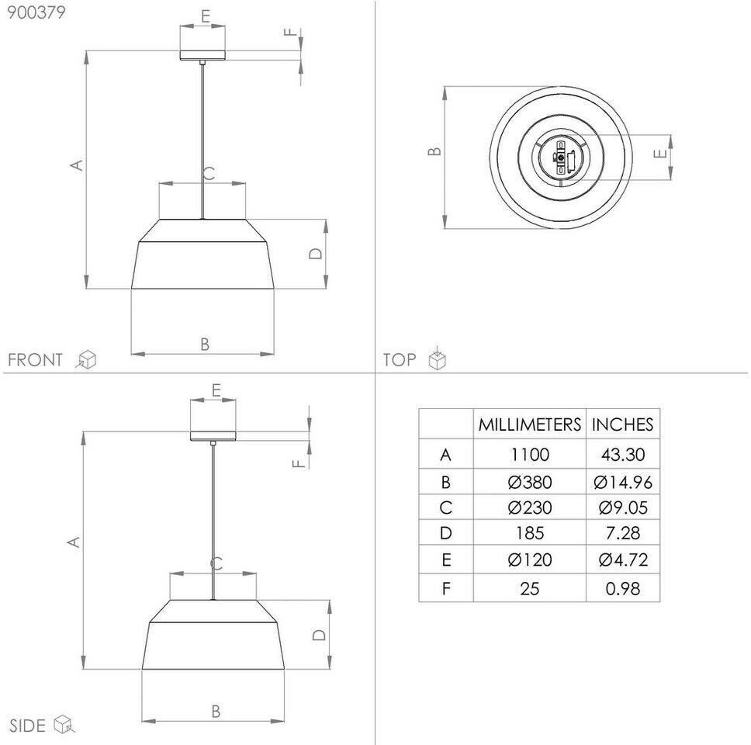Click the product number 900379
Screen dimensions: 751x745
tap(36, 12)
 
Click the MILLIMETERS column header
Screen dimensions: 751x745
tap(529, 424)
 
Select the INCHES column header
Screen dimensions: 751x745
tap(622, 424)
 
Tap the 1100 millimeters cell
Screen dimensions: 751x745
tap(529, 454)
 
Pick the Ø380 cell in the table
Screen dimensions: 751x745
tap(529, 482)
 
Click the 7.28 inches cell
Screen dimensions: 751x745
tap(623, 533)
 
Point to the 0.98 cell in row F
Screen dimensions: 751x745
tap(623, 588)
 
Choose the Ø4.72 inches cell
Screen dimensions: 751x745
tap(623, 560)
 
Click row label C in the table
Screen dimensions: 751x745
tap(445, 508)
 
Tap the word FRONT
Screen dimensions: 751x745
tap(36, 359)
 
